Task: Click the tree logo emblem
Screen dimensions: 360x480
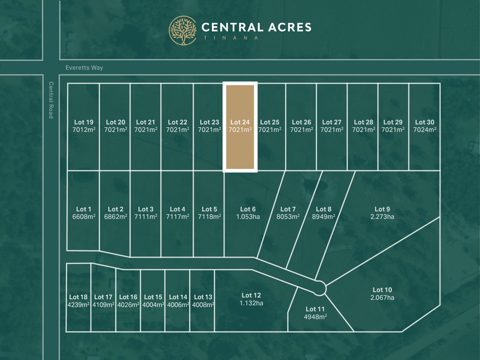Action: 183,31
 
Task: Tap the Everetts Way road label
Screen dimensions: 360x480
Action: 84,68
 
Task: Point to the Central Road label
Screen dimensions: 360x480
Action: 51,100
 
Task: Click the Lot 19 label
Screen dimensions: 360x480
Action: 84,122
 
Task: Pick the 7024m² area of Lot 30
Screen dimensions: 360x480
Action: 425,130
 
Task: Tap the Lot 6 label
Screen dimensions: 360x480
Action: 248,209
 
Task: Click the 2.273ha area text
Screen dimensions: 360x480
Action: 382,217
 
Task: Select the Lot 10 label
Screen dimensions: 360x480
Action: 382,290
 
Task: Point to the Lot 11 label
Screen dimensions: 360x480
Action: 315,309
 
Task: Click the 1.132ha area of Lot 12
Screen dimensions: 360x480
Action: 251,303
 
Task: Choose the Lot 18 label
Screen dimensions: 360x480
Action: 78,297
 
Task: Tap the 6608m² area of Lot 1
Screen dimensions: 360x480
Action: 84,217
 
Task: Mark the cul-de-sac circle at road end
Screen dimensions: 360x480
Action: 319,288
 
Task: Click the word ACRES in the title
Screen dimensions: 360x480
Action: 290,27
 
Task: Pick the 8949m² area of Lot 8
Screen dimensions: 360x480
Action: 324,217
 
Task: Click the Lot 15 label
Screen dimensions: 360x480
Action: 153,297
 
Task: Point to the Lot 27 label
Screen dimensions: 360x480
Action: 332,122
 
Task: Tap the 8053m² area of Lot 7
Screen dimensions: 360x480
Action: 288,217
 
